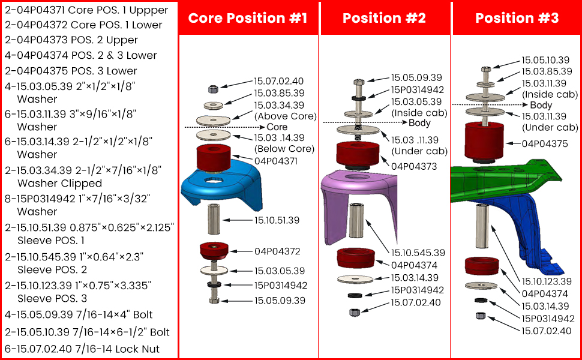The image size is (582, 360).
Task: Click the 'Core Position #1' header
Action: (248, 18)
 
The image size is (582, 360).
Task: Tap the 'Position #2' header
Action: (384, 18)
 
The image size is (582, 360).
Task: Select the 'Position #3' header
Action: (517, 18)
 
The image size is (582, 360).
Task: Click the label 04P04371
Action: (277, 161)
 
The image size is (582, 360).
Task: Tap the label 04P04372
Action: (277, 251)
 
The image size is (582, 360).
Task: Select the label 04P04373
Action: (414, 166)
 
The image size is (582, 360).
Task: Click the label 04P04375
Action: (545, 143)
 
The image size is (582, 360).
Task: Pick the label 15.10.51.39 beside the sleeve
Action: (277, 220)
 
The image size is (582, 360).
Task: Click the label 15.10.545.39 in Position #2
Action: (418, 253)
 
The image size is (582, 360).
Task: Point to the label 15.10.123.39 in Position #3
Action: (546, 281)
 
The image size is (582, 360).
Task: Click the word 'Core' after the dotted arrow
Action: (277, 127)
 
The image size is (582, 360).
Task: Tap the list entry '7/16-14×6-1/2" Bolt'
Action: (88, 332)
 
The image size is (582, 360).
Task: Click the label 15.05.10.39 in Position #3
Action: (545, 60)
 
